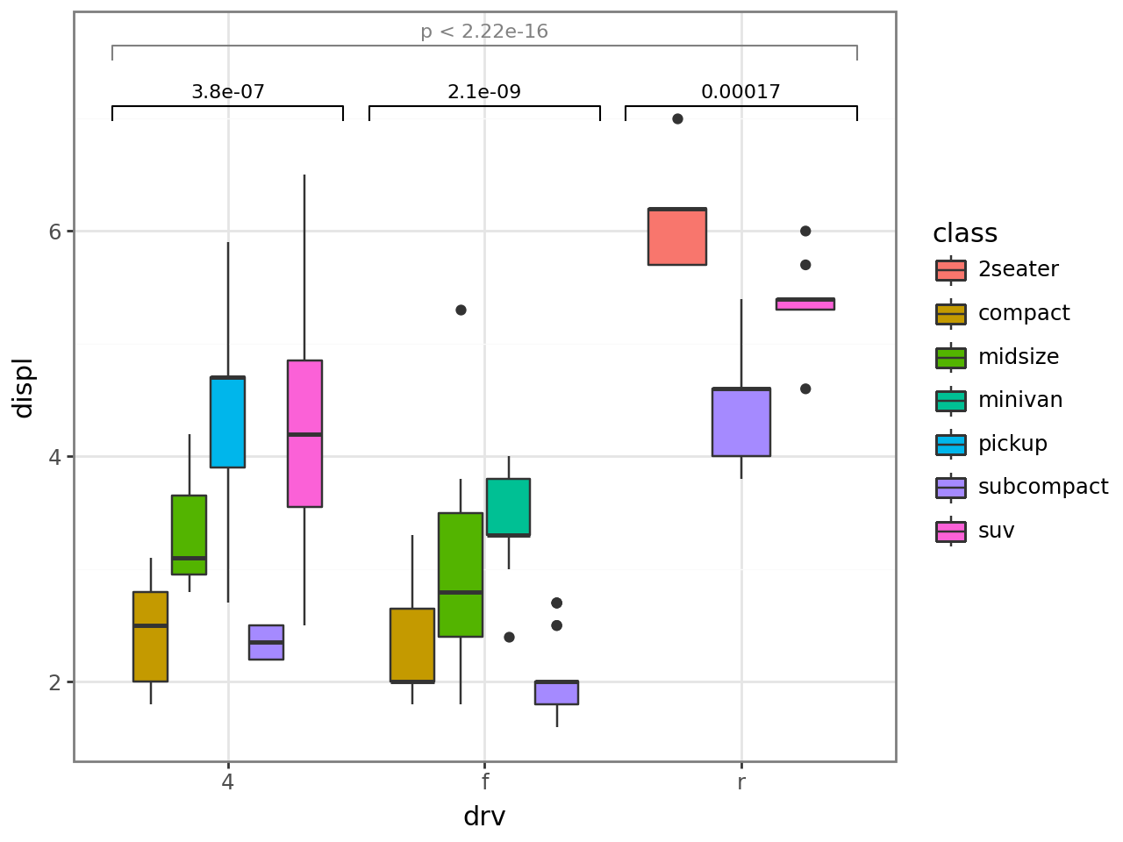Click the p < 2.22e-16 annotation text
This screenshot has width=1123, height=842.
(484, 32)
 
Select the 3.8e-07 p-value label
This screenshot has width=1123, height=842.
(228, 92)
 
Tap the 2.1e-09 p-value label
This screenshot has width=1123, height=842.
(484, 92)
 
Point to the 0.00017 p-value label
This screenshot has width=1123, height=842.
(740, 92)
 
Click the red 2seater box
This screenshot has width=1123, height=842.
(677, 237)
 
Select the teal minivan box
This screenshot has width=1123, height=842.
(508, 507)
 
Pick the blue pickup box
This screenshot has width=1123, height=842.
(227, 422)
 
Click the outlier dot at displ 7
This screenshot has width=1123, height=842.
(677, 118)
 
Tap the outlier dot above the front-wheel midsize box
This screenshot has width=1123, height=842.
(461, 310)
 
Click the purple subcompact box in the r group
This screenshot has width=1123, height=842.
(741, 422)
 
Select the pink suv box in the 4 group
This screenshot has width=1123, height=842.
(304, 433)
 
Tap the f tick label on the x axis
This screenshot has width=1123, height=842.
(484, 781)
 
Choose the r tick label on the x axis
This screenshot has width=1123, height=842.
(741, 781)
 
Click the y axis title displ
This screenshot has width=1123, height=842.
(23, 388)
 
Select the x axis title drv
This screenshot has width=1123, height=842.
(484, 817)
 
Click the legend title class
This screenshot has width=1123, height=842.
(965, 233)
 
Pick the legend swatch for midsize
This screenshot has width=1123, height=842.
(951, 357)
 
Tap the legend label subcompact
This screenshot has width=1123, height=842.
(1043, 487)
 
